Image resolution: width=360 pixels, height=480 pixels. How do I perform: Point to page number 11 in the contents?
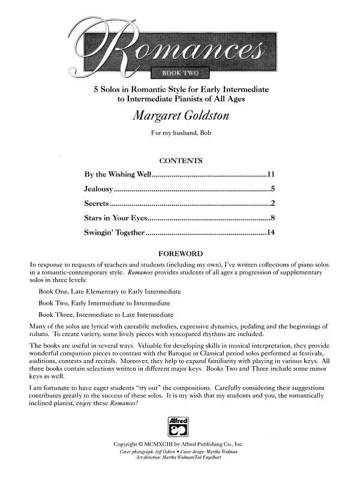[271, 175]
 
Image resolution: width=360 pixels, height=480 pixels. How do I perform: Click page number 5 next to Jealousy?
[273, 190]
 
